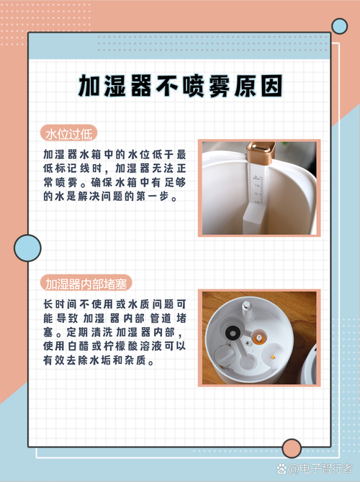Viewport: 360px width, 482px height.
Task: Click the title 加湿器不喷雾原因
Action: click(180, 86)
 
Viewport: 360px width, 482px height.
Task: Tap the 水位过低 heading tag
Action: click(69, 133)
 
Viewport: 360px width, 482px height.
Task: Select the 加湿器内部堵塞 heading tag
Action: click(86, 283)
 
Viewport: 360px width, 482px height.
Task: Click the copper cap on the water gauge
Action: click(261, 153)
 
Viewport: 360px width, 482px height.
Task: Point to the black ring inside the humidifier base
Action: click(232, 332)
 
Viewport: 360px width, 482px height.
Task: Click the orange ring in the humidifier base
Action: click(259, 337)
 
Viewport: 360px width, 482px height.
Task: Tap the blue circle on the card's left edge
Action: click(27, 248)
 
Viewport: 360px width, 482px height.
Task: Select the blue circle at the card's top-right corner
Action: click(339, 26)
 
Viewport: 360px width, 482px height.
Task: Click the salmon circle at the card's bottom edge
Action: click(292, 448)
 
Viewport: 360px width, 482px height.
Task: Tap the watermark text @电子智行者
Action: click(320, 468)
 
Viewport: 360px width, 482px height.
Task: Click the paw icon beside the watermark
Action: click(282, 469)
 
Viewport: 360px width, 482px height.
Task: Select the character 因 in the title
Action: click(271, 86)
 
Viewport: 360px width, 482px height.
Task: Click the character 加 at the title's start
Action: click(89, 86)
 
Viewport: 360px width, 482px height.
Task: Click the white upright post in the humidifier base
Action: click(246, 310)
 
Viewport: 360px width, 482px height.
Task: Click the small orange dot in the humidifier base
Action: click(273, 357)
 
